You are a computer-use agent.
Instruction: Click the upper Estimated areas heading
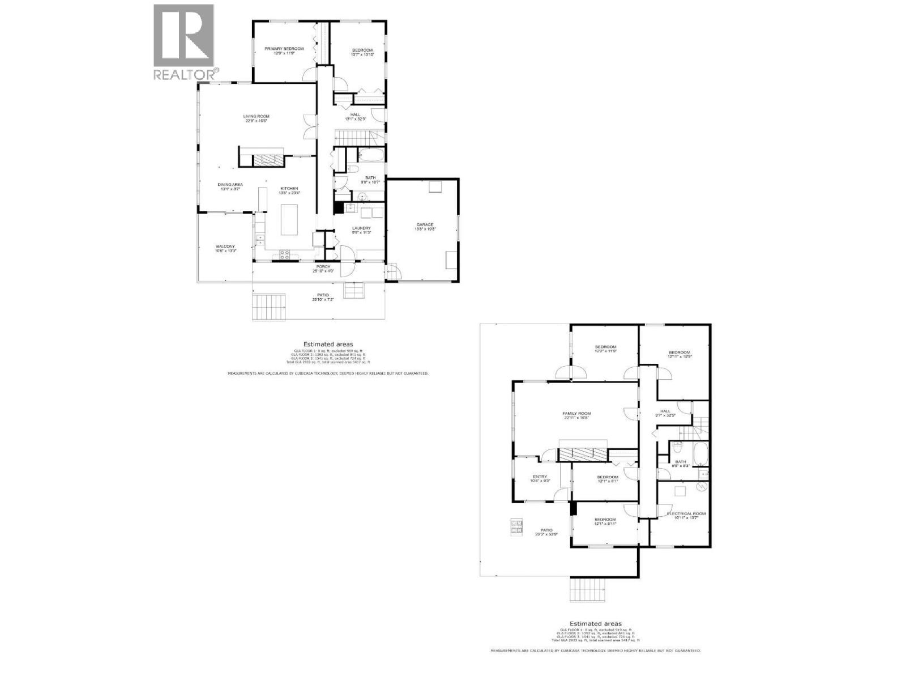coord(328,344)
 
